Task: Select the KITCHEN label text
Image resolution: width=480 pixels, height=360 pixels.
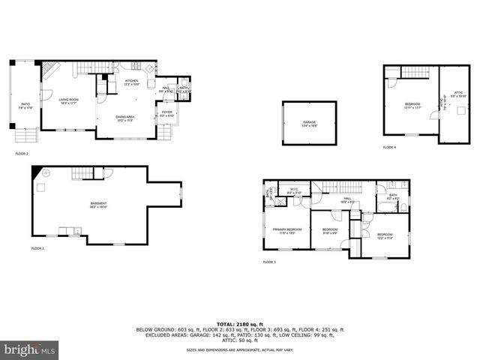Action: coord(132,82)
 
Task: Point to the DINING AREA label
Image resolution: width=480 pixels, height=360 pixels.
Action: coord(124,118)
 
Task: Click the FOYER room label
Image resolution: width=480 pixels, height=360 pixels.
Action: coord(166,114)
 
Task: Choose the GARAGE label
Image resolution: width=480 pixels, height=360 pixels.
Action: coord(309,123)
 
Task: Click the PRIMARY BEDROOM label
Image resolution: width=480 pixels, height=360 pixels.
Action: coord(287,230)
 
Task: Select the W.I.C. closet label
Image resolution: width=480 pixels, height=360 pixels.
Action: coord(294,190)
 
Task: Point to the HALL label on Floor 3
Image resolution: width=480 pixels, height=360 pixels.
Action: coord(347,200)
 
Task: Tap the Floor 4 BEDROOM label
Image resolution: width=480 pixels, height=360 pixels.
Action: coord(412,105)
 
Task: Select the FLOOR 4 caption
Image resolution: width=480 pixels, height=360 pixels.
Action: coord(389,148)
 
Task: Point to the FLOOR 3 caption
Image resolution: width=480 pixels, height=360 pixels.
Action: coord(269,262)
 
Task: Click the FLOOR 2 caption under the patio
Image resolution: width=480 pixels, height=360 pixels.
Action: coord(22,154)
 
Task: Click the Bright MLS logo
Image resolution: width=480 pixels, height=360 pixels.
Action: coord(29,349)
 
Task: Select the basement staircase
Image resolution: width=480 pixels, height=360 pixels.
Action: coord(82,175)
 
